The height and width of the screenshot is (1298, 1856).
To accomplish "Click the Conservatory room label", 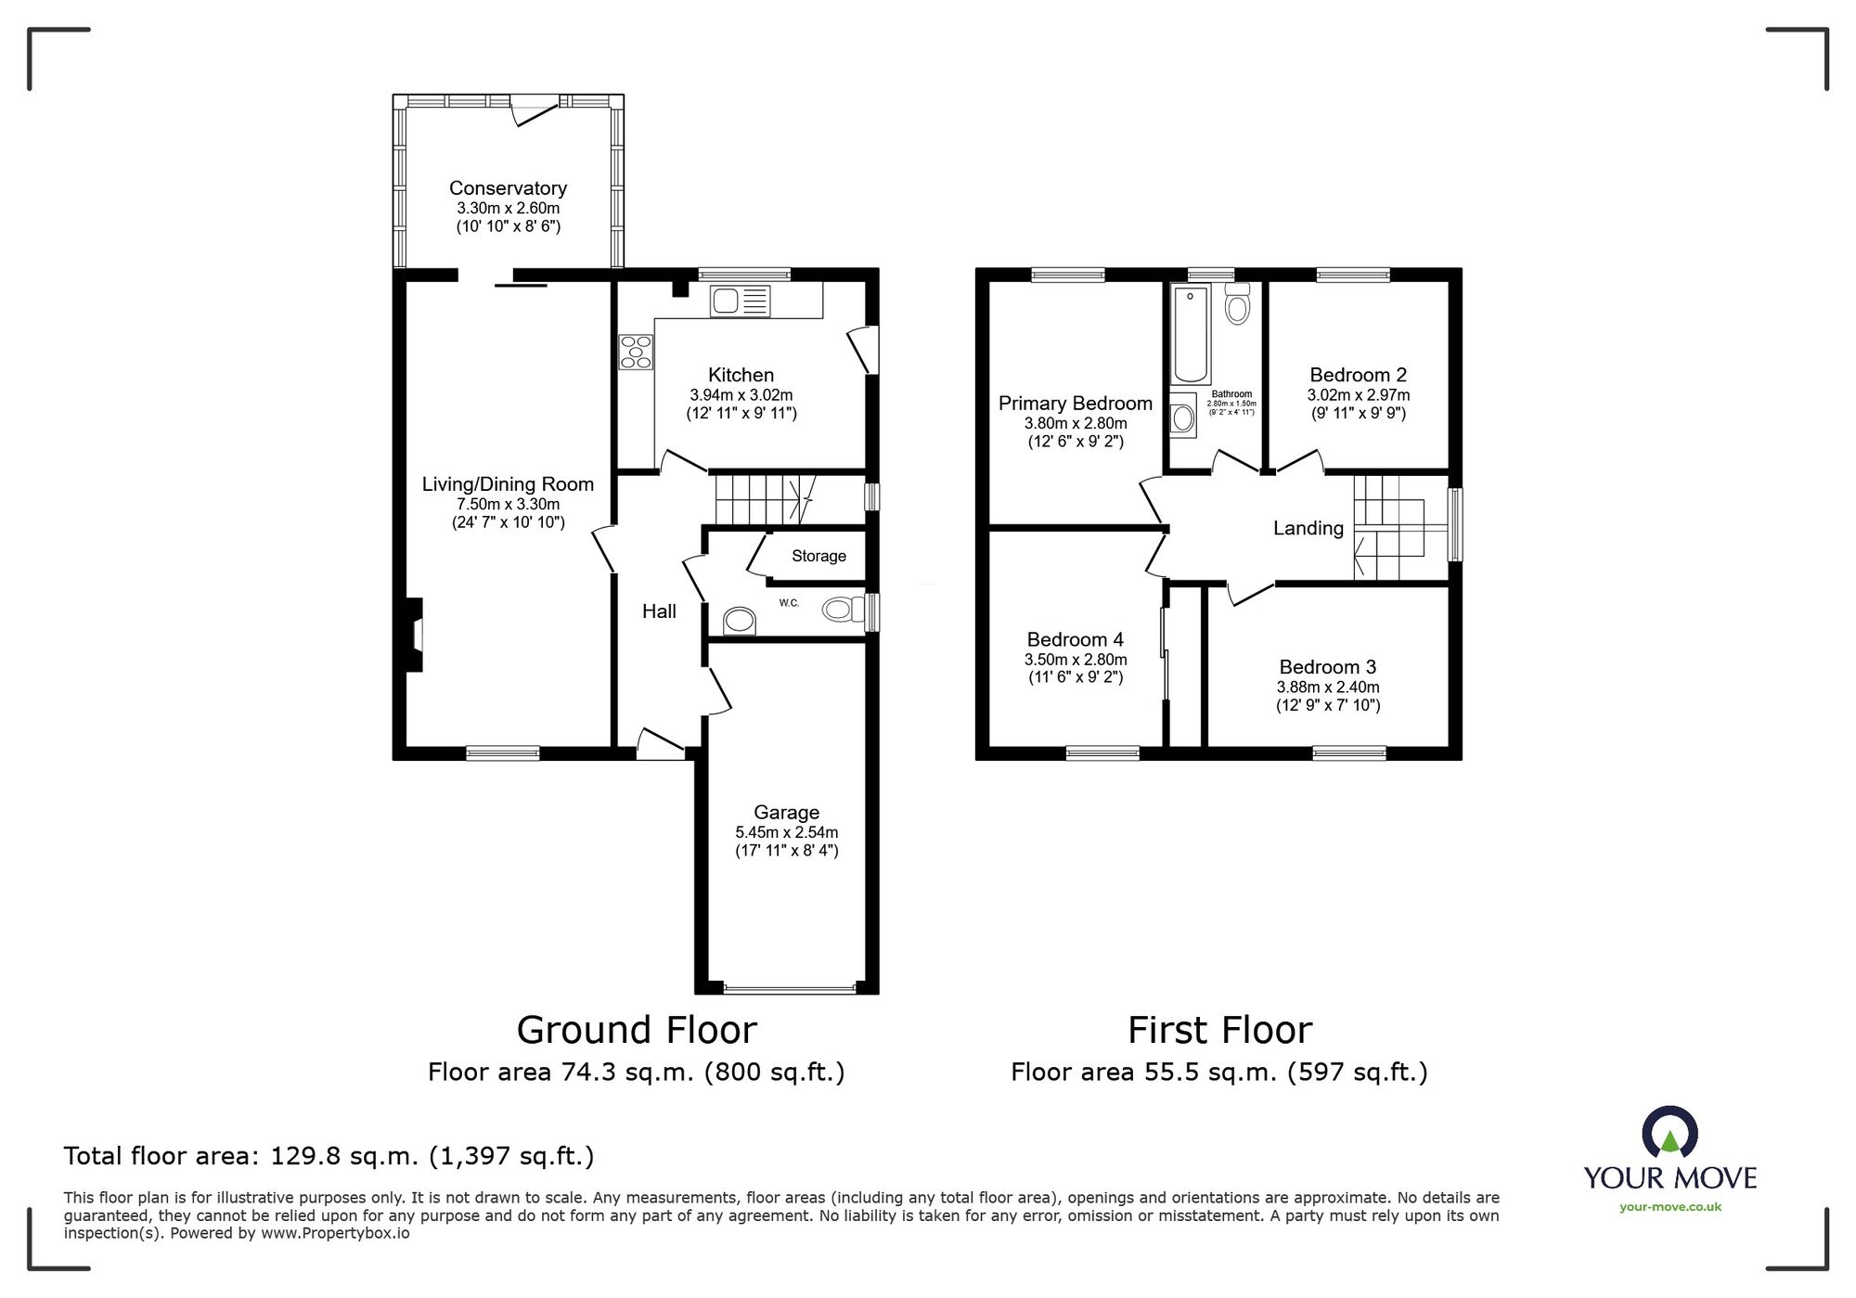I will coord(508,188).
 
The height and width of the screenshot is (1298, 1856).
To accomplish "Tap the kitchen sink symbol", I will coord(741,300).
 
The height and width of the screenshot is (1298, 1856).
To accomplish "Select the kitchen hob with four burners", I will coord(636,352).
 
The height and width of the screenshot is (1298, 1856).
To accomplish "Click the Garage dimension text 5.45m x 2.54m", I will coord(786,832).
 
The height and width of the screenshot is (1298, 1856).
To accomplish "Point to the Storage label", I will coord(818,556).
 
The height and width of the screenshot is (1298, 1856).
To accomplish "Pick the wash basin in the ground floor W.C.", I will coord(740,620).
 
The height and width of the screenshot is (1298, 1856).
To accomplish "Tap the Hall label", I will coord(659,610).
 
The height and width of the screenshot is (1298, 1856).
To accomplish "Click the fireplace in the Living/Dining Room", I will coord(415,635).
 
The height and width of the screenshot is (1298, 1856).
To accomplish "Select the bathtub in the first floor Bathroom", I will coord(1192,335).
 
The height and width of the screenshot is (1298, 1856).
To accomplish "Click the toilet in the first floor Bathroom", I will coord(1237,304).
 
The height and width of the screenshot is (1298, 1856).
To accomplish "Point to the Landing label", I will coord(1308,528).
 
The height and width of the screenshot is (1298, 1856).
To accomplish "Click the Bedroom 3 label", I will coord(1327,667).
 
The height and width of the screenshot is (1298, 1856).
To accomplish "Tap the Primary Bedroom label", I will coord(1075,404).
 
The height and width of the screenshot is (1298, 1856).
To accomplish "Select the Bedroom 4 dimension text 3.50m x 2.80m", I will coord(1075,660).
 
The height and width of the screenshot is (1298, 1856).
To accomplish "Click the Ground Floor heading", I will coord(637,1030).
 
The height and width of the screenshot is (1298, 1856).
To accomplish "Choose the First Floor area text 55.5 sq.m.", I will coord(1218,1073).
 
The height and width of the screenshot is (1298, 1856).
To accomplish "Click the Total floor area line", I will coord(329,1156).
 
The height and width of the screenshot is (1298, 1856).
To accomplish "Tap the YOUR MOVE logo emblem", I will coord(1669,1132).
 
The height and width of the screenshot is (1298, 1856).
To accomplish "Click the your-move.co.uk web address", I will coord(1669,1207).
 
